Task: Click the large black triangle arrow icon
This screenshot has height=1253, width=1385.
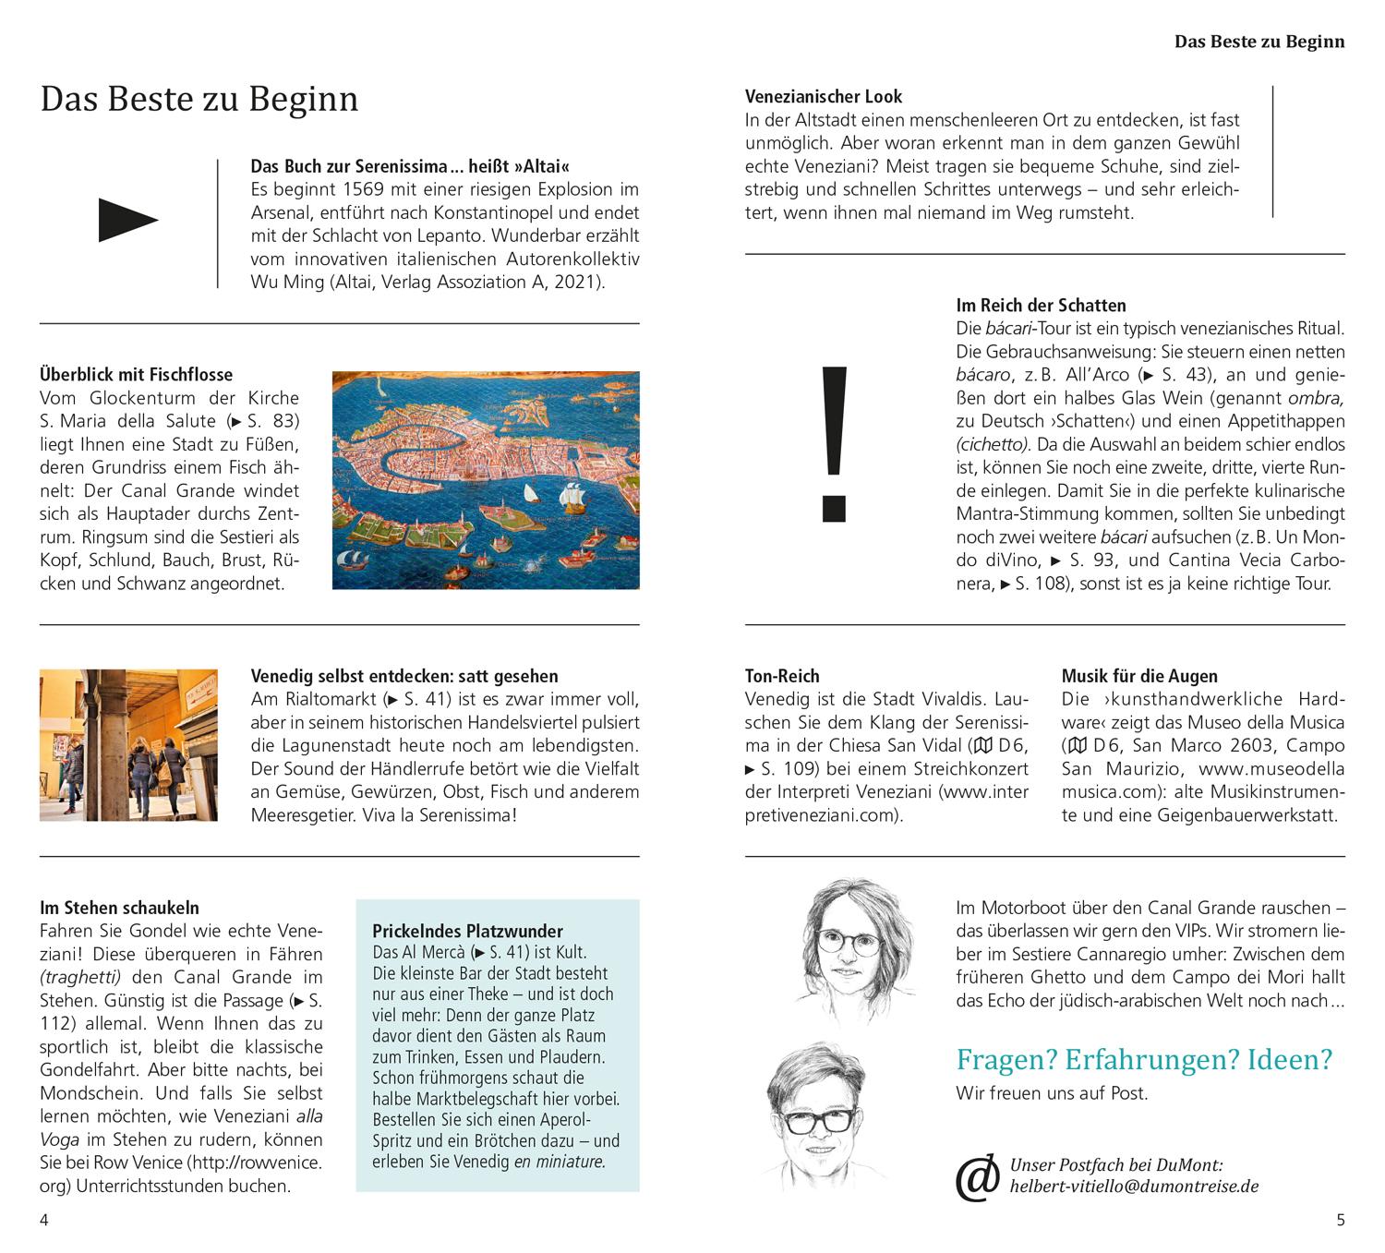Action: click(x=127, y=221)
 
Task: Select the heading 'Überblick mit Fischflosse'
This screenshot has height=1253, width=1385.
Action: click(x=136, y=375)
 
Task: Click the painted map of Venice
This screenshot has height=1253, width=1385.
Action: click(x=486, y=480)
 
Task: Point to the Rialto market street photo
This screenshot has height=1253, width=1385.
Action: click(x=128, y=745)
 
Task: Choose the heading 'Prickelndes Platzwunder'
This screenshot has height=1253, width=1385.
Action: click(x=467, y=931)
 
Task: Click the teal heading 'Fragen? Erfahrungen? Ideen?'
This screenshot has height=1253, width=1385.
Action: click(x=1144, y=1059)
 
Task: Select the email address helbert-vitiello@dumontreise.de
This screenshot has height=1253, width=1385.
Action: click(x=1134, y=1187)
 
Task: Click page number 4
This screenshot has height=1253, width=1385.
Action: click(x=44, y=1220)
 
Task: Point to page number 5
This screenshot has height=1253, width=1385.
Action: click(x=1341, y=1220)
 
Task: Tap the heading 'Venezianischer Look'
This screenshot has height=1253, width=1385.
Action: click(x=824, y=96)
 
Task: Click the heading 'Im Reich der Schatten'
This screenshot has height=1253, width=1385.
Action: click(x=1041, y=305)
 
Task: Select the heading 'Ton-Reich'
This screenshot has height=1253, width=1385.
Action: click(x=782, y=676)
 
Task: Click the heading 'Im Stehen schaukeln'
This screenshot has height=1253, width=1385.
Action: click(x=119, y=908)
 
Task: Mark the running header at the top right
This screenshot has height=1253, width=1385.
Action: click(x=1259, y=42)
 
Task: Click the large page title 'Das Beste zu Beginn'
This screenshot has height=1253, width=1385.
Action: click(x=199, y=99)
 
